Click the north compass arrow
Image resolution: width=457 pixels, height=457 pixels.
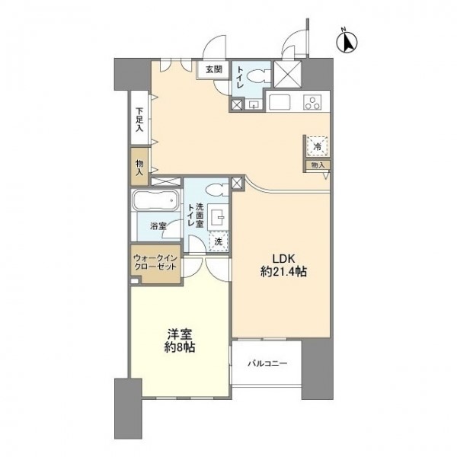[x=347, y=43]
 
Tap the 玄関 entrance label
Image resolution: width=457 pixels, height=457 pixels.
[x=214, y=69]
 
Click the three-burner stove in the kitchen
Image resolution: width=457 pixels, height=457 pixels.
[x=312, y=102]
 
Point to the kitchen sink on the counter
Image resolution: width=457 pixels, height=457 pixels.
[x=280, y=102]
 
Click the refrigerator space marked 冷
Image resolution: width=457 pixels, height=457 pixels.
[x=318, y=146]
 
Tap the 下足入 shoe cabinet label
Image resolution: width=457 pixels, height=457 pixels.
[x=139, y=120]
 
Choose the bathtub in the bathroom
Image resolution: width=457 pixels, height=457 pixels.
[x=155, y=200]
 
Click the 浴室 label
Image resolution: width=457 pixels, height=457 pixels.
[x=158, y=226]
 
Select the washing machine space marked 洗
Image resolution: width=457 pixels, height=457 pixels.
[x=219, y=241]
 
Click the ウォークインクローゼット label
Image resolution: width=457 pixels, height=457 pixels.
[x=155, y=262]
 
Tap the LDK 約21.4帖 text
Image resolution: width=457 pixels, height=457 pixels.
[x=283, y=265]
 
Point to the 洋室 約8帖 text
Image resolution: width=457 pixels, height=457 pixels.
[x=180, y=341]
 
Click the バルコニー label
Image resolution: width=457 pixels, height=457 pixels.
[x=267, y=363]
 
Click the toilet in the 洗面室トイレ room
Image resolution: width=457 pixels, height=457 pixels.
[x=217, y=190]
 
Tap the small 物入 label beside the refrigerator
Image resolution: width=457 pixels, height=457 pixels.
[x=318, y=165]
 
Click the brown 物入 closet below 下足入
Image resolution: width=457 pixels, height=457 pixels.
[x=139, y=167]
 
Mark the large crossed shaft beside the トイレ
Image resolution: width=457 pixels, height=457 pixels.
[x=287, y=74]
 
